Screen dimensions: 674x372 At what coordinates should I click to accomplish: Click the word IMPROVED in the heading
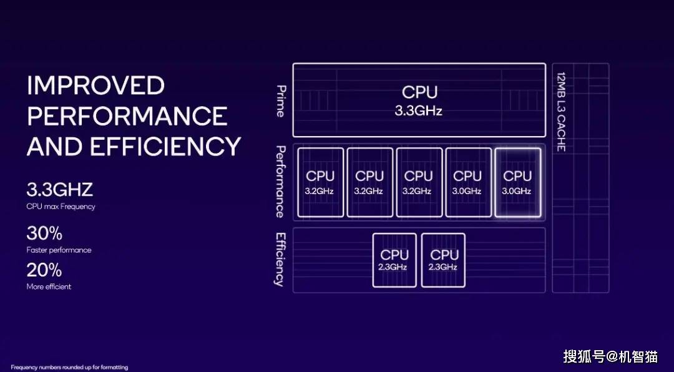coord(95,85)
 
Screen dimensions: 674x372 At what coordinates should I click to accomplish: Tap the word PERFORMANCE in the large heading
coord(127,115)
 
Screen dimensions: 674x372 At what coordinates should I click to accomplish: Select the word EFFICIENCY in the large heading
coord(165,146)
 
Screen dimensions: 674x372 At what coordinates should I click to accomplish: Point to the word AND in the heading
coord(54,146)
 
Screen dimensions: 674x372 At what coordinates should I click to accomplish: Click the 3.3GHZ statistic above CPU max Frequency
coord(60,190)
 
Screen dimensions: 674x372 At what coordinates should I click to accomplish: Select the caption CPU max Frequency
coord(61,207)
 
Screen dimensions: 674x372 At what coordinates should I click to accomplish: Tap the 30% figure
coord(44,233)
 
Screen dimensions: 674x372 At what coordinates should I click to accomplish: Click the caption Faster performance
coord(59,250)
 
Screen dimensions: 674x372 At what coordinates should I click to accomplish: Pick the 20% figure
coord(44,270)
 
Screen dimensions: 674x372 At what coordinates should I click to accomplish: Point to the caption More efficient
coord(49,286)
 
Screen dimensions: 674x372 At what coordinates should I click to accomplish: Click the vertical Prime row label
coord(280,101)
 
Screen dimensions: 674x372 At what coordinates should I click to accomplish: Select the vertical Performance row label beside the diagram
coord(280,182)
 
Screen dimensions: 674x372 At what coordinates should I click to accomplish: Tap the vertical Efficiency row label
coord(280,259)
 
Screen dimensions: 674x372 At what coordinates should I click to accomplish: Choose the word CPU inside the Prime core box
coord(419,92)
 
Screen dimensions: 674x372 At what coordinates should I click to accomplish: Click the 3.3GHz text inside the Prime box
coord(419,110)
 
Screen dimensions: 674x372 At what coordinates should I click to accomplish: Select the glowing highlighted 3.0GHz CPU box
coord(517,182)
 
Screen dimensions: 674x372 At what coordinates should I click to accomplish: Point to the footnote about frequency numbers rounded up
coord(69,367)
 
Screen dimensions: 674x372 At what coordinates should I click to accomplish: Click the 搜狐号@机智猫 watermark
coord(610,356)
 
